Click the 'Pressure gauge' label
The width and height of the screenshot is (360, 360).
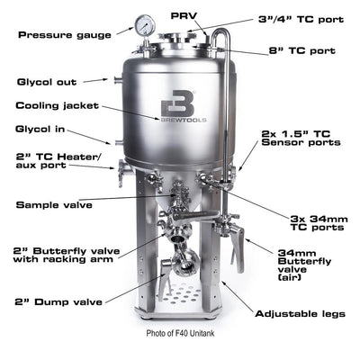(63, 34)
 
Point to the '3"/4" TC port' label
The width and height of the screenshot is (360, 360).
(293, 17)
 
